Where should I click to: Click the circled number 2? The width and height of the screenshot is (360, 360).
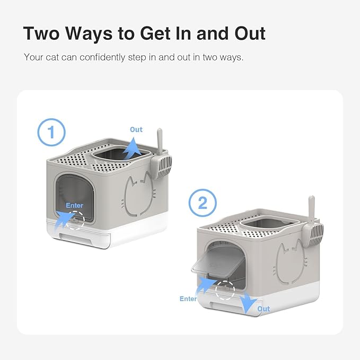pyautogui.click(x=203, y=203)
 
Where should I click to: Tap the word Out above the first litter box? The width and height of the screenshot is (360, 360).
pyautogui.click(x=136, y=129)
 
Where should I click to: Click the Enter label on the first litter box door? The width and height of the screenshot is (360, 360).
pyautogui.click(x=74, y=205)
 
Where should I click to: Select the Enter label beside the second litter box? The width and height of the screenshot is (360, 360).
pyautogui.click(x=188, y=299)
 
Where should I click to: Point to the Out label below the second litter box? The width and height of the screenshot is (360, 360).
pyautogui.click(x=264, y=309)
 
